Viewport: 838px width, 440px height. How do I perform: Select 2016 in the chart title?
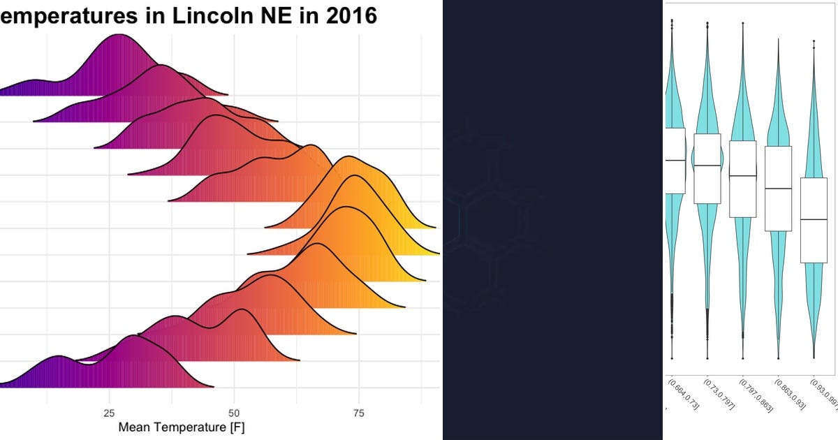pos(348,16)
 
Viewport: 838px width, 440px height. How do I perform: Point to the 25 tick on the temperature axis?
pos(110,413)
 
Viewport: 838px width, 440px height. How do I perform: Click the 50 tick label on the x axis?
pos(235,413)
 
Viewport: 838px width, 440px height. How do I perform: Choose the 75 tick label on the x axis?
pos(359,413)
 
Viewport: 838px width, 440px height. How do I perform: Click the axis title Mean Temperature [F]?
pos(182,427)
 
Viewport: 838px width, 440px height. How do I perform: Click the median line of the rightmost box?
pos(814,219)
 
